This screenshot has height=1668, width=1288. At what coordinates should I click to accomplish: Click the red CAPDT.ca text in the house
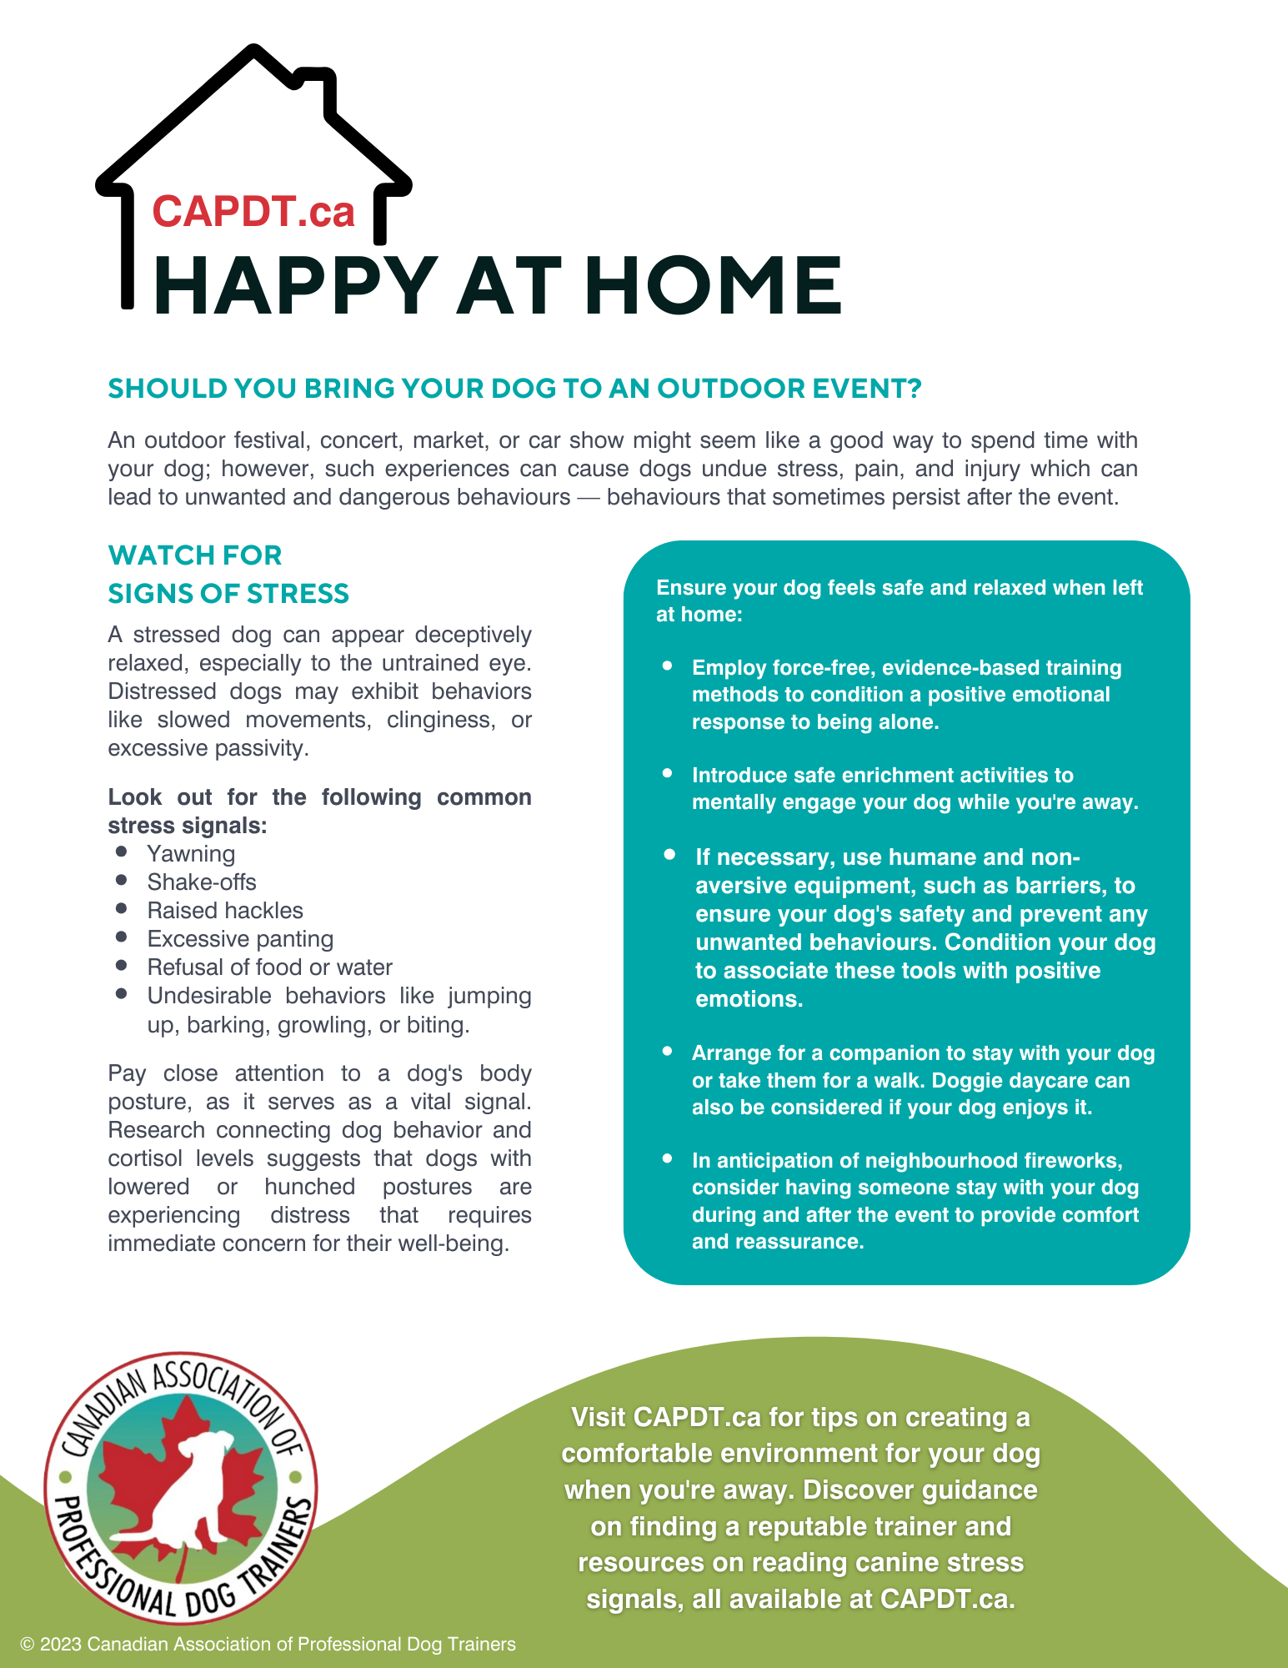[253, 212]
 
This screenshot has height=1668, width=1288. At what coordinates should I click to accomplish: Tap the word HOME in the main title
[713, 285]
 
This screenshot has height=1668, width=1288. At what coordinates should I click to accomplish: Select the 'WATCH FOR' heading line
[195, 555]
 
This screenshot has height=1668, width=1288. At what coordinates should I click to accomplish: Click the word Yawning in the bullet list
[191, 854]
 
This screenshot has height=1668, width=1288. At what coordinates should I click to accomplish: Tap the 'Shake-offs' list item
[202, 882]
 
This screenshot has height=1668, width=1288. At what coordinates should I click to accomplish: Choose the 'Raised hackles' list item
[225, 911]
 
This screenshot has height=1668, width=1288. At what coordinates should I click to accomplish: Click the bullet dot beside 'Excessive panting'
[122, 937]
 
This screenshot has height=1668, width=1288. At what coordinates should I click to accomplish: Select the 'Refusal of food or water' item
[269, 967]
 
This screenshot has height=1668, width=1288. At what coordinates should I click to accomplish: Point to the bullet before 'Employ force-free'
[667, 666]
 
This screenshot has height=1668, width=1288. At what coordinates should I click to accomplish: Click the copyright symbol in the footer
[28, 1645]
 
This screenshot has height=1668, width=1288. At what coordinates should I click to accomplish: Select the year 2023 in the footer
[61, 1645]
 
